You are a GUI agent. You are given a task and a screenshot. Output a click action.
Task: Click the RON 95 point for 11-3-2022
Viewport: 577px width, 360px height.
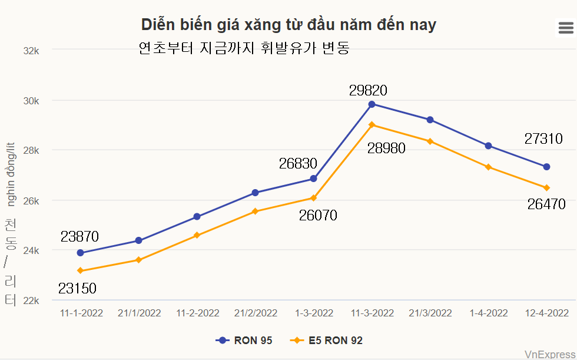point(372,104)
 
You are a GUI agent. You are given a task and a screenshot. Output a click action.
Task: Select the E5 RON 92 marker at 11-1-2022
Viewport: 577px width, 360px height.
point(80,271)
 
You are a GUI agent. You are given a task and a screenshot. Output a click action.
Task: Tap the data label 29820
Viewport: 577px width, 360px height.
point(368,91)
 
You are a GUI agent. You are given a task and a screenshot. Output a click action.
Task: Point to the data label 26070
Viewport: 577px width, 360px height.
point(318,216)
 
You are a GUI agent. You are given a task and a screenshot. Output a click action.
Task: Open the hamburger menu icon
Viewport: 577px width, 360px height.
point(565,27)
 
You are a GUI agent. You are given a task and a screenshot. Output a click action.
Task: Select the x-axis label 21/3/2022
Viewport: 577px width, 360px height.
point(430,313)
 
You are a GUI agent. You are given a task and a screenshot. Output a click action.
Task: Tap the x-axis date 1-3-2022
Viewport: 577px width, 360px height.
point(314,313)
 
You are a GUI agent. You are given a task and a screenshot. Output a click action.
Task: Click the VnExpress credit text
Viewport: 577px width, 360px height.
point(550,354)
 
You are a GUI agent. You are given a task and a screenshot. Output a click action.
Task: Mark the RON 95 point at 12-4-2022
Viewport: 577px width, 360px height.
point(546,167)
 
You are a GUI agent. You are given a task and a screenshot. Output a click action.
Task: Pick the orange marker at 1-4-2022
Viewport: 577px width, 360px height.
point(488,167)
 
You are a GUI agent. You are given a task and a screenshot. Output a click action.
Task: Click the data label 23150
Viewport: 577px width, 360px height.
point(77,289)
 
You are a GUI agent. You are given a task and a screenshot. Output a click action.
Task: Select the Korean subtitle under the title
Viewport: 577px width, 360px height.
point(244,48)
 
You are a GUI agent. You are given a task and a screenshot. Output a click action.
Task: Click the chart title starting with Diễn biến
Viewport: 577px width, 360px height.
point(288,25)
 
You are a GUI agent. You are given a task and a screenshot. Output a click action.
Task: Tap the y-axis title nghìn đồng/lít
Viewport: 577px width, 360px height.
point(11,174)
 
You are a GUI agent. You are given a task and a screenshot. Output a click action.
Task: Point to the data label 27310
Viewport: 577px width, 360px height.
point(543,139)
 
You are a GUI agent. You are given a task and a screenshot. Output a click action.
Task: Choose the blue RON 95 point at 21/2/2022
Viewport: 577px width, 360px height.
point(255,193)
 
